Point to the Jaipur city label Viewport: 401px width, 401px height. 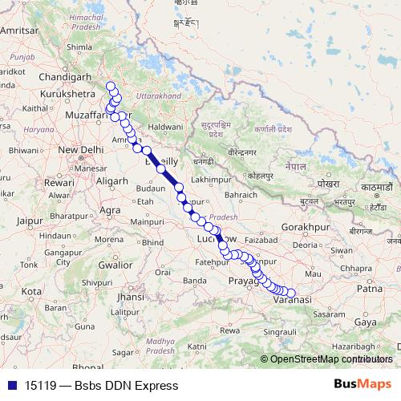(x=27, y=217)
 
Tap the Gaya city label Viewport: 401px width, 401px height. (x=366, y=322)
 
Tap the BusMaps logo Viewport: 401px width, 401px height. (x=362, y=385)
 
